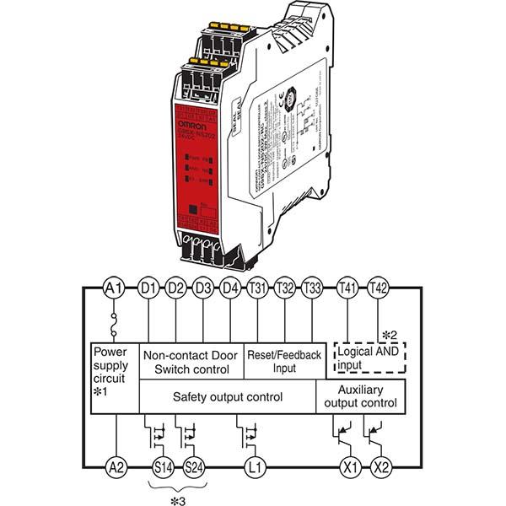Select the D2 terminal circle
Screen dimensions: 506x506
pos(175,288)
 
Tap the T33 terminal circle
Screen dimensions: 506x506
pos(312,288)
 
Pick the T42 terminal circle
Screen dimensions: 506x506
pos(379,288)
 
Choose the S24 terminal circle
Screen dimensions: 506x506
pos(193,466)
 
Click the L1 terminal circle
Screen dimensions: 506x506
pos(250,466)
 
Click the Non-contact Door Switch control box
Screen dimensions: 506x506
pos(191,361)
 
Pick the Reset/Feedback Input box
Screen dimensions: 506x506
pos(284,361)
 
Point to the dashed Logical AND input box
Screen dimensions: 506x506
pos(370,359)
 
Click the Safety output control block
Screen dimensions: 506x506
pos(227,396)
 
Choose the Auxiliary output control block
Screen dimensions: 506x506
pos(361,396)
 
